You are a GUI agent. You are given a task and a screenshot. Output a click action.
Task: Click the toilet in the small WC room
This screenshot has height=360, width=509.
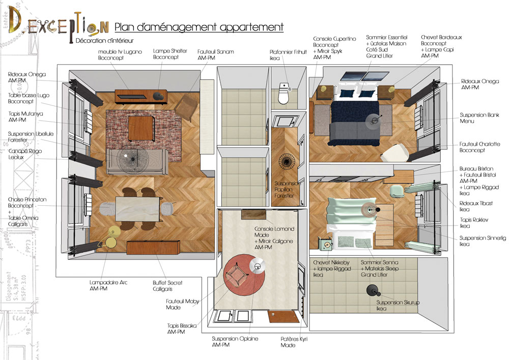click(284, 93)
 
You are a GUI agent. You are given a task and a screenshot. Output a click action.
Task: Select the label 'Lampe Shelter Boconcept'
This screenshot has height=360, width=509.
click(170, 54)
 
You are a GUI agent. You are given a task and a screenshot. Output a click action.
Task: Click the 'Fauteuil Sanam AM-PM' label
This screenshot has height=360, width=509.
click(215, 54)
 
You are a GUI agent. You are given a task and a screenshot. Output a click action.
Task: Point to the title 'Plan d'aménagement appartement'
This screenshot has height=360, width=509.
click(199, 27)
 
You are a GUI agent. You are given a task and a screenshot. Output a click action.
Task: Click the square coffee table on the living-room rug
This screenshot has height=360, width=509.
click(141, 128)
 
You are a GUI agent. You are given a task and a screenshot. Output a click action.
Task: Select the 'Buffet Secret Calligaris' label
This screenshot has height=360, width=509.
click(167, 286)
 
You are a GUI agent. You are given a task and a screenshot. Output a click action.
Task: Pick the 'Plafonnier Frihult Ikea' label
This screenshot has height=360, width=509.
click(288, 55)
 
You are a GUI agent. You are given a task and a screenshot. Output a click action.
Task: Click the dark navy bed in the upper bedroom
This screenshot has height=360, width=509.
click(355, 122)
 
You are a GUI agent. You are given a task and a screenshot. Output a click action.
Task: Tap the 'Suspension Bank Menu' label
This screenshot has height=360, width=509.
click(479, 118)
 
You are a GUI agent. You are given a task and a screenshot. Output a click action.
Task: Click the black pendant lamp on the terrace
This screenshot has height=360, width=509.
click(372, 290)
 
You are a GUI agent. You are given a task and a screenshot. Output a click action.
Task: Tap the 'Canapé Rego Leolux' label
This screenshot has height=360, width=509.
click(25, 154)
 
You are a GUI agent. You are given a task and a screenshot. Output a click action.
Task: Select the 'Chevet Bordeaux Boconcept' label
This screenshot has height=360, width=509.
click(441, 40)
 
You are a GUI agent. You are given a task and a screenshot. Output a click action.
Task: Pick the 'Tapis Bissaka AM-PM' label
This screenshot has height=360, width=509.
click(182, 328)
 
